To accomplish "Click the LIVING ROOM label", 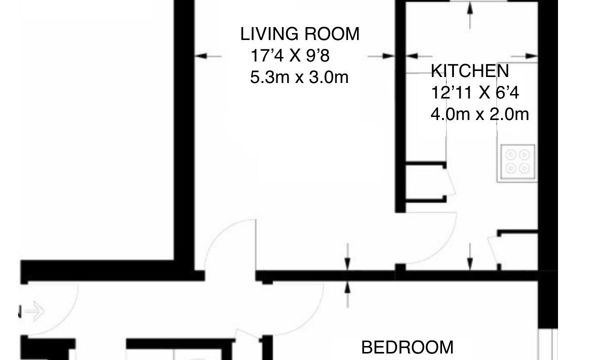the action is (299, 34).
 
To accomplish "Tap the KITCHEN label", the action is (469, 71).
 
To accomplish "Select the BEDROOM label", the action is (407, 347).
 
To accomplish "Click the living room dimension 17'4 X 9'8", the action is (290, 55).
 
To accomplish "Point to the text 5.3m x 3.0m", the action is (299, 77).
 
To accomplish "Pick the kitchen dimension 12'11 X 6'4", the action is (475, 92).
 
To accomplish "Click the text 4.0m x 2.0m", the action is (479, 114).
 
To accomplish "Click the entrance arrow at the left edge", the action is (35, 311).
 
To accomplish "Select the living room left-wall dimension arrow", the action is (208, 56).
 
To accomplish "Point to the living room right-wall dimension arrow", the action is (381, 56).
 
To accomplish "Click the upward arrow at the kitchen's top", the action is (470, 15).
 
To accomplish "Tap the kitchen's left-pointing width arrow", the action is (417, 56).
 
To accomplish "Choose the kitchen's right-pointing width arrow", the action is (524, 56).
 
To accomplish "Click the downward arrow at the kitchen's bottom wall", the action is (470, 257).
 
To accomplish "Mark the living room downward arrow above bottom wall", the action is (348, 257).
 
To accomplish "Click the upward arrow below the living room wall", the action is (348, 294).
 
